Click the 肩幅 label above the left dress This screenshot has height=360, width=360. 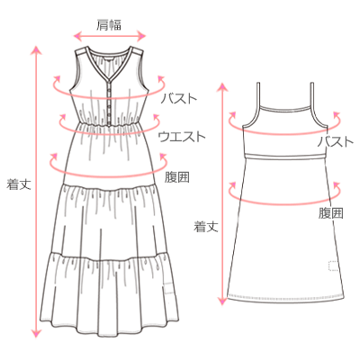109,25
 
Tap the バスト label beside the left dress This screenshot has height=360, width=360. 179,98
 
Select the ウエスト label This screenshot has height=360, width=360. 182,137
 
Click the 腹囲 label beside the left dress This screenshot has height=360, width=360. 177,177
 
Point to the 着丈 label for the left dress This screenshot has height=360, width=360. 19,184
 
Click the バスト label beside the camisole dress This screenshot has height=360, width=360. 336,141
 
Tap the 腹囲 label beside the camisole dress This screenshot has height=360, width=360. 331,213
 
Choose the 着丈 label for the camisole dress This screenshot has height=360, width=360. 206,227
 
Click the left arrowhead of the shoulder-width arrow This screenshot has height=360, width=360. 77,37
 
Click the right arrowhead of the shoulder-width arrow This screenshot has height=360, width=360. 142,37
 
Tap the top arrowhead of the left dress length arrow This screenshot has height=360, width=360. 36,49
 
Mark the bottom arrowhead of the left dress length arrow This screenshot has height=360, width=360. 36,332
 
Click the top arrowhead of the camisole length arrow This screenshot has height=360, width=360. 222,86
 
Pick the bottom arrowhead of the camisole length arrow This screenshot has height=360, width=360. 222,301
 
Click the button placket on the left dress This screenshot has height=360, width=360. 109,104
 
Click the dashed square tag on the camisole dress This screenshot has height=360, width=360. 334,266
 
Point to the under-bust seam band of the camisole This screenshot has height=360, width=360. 285,156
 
